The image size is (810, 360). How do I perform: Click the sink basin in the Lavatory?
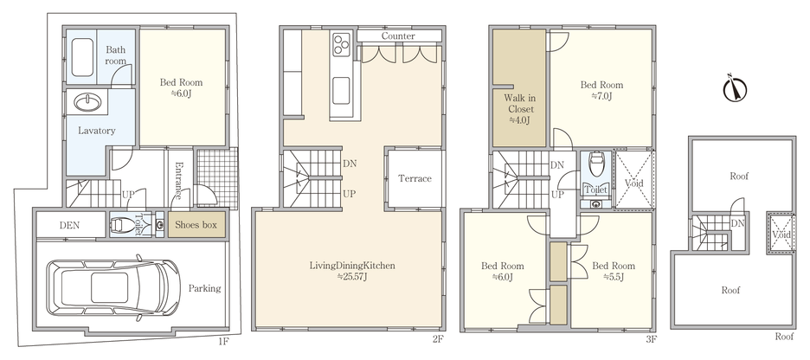click(x=89, y=103)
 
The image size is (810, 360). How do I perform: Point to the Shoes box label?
click(x=196, y=225)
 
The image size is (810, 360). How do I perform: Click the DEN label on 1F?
click(x=70, y=226)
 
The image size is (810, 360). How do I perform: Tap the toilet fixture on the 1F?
click(x=126, y=225)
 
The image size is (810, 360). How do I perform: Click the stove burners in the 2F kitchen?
click(x=340, y=42)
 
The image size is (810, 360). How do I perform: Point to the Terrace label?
click(x=415, y=178)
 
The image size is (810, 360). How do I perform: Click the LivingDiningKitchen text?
click(x=353, y=266)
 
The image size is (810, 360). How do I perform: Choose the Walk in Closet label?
click(x=519, y=110)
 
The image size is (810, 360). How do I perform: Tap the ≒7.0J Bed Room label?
click(x=601, y=90)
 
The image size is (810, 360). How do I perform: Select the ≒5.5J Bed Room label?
click(x=614, y=270)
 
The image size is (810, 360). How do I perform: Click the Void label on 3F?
click(x=633, y=184)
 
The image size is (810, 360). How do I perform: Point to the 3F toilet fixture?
click(x=597, y=162)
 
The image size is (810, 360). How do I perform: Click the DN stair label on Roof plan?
click(x=737, y=223)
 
